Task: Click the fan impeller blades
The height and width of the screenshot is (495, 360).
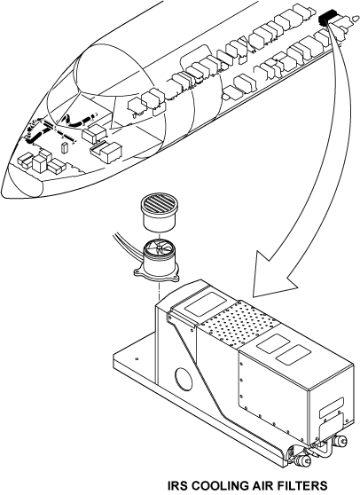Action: tap(158, 249)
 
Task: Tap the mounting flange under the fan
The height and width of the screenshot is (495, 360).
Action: tap(156, 275)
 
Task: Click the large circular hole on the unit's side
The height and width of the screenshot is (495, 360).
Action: tap(184, 380)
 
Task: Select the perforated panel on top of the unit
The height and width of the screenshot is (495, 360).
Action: tap(239, 326)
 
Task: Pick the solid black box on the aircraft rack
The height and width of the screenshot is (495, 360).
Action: tap(325, 19)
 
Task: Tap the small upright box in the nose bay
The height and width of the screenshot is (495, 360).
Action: tap(65, 148)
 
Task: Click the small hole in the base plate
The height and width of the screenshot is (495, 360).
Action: tap(137, 359)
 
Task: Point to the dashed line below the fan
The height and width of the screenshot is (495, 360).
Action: tap(160, 291)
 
